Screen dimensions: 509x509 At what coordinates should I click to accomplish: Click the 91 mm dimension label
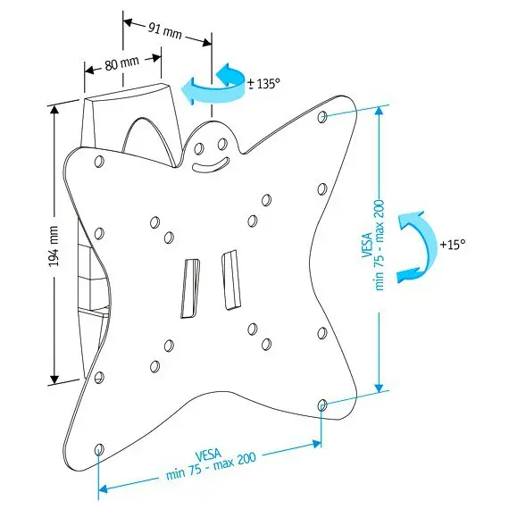[165, 32]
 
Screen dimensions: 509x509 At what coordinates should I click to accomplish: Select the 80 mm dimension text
[121, 63]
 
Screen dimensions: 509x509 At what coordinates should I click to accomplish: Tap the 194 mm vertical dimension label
[54, 246]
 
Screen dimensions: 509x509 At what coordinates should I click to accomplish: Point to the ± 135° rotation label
[263, 84]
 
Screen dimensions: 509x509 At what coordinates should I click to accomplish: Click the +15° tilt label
[453, 244]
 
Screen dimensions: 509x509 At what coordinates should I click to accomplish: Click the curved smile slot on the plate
[211, 165]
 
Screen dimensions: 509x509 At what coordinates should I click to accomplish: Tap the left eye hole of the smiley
[198, 149]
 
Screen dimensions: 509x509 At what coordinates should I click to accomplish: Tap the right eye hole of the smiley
[222, 144]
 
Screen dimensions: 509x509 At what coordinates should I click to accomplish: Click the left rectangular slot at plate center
[190, 288]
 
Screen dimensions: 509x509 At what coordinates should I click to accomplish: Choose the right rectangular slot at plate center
[230, 280]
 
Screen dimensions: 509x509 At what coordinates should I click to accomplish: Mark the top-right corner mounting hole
[322, 117]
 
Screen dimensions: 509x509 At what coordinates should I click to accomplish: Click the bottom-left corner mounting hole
[99, 449]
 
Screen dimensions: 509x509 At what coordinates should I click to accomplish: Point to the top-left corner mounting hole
[99, 161]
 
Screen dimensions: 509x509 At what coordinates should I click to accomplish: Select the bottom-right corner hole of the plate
[322, 405]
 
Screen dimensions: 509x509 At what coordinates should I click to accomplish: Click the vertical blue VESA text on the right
[373, 246]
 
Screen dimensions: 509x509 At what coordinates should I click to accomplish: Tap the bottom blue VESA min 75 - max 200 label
[211, 465]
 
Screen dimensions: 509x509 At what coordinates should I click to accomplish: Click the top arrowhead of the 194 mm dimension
[54, 111]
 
